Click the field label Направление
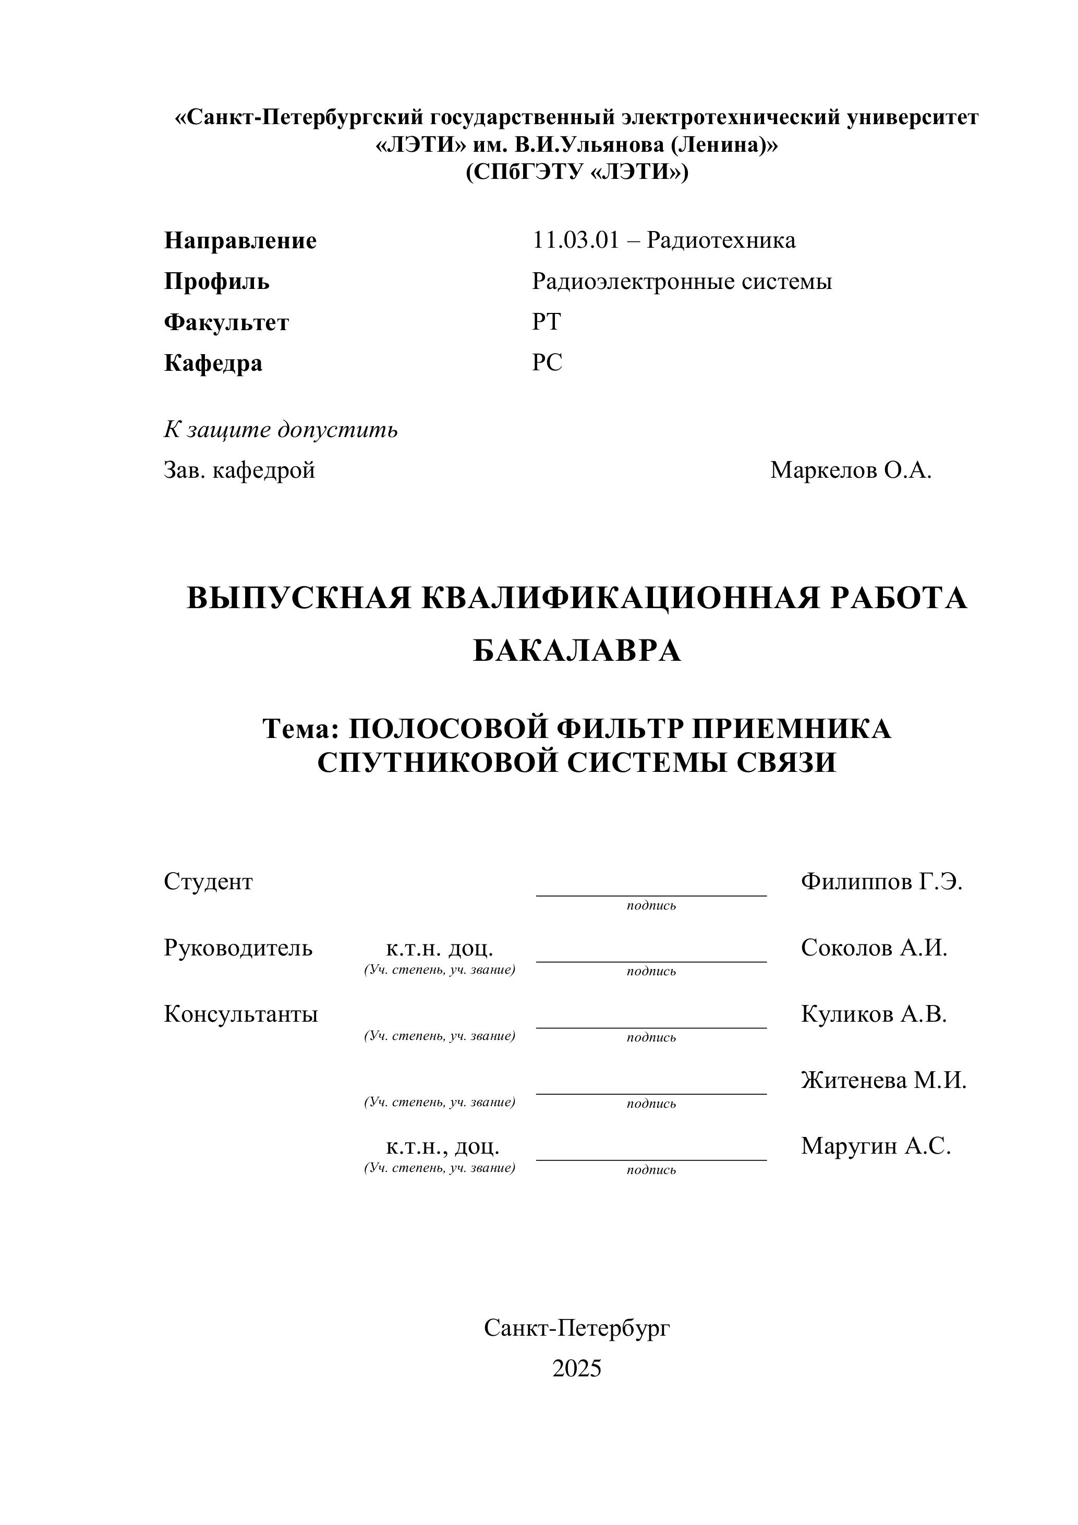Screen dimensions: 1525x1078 240,240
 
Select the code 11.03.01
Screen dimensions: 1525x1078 575,240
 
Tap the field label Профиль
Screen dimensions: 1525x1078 216,282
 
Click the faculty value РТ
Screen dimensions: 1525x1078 546,322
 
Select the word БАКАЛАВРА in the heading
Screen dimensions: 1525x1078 576,651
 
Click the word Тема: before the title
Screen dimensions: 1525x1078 301,729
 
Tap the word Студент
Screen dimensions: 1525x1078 208,882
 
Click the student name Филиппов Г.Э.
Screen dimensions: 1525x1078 881,882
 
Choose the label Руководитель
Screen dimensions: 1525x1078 238,948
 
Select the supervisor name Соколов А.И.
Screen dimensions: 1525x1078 874,948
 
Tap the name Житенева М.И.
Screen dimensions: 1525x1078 883,1081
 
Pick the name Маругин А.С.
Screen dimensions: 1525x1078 876,1146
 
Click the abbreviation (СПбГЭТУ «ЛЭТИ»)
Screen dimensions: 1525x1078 576,172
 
